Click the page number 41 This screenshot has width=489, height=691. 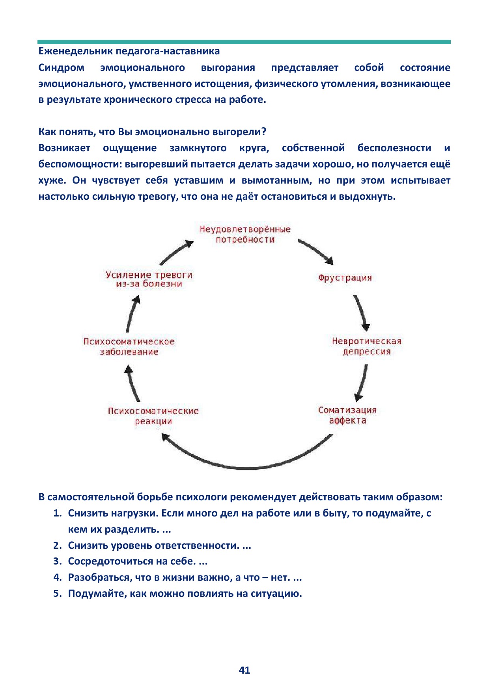[x=244, y=670]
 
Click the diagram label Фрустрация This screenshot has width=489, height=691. [x=345, y=278]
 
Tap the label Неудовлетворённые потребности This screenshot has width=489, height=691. [x=245, y=234]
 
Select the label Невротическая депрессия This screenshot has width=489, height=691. [x=366, y=346]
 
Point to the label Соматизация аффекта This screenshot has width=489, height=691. [x=347, y=415]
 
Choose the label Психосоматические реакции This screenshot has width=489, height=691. [x=153, y=416]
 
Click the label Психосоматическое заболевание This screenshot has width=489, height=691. [x=129, y=347]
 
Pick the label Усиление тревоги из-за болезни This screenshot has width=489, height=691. [x=149, y=279]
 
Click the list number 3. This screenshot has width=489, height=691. [x=58, y=561]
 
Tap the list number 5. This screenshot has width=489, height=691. [x=58, y=593]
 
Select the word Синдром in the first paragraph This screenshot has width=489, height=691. [x=61, y=68]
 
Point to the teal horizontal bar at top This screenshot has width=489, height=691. [x=244, y=42]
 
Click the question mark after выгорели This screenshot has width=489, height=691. [x=264, y=132]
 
